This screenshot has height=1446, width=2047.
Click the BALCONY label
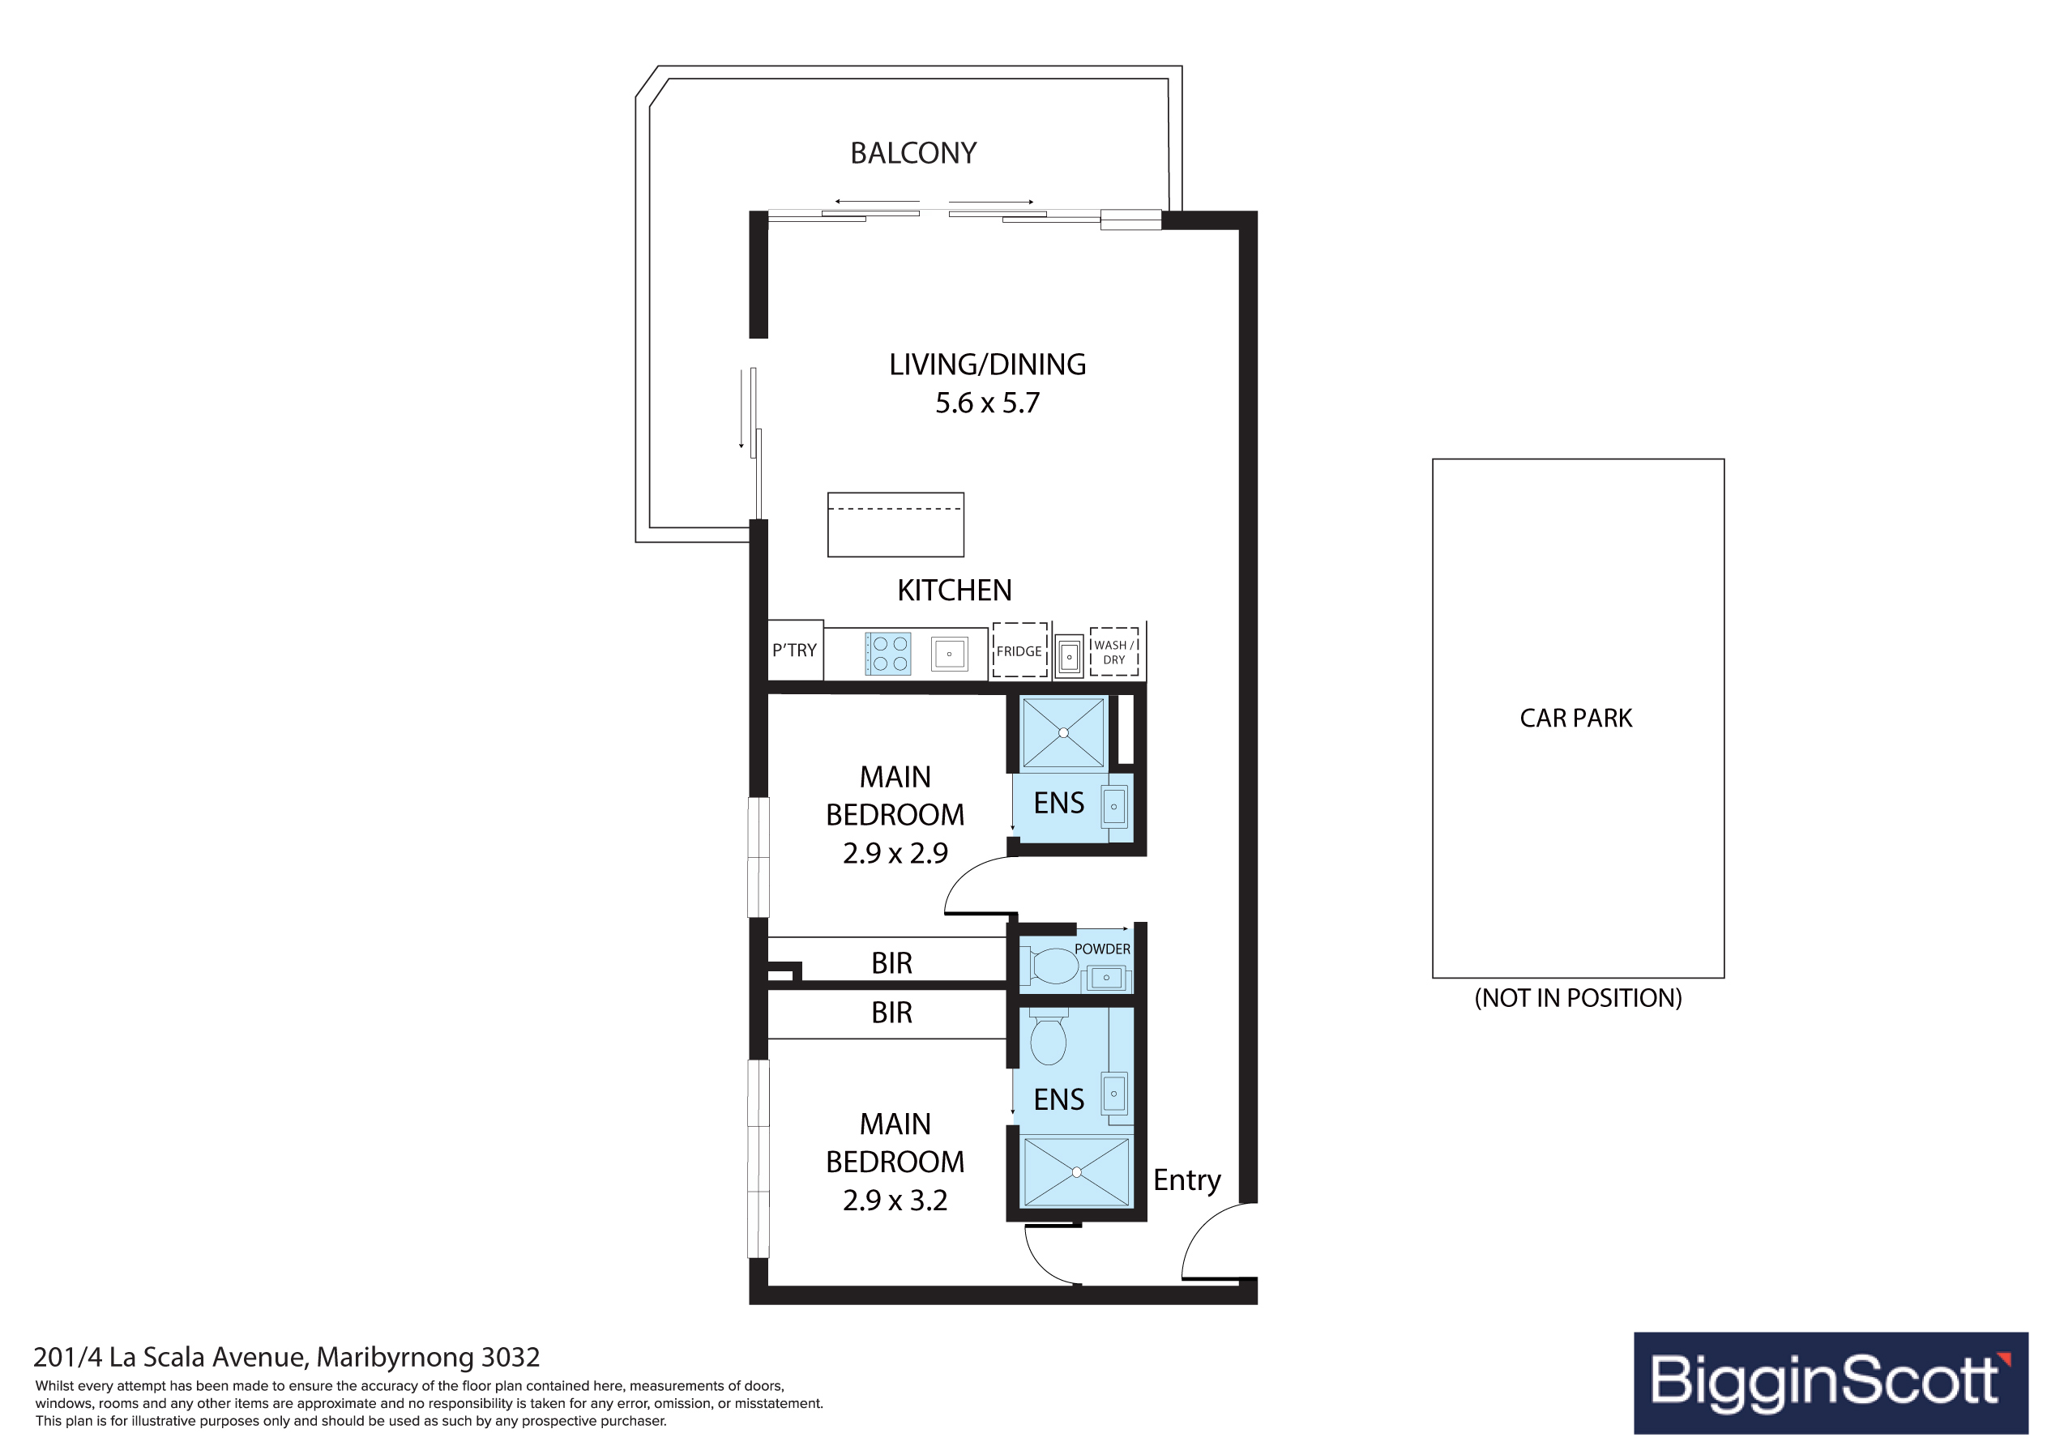913,153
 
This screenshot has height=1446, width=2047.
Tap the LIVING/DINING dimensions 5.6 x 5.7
987,403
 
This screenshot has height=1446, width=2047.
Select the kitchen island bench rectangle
895,525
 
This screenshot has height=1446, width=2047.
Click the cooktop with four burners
888,654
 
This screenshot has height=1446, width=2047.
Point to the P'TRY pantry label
793,650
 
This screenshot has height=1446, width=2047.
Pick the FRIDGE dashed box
1019,650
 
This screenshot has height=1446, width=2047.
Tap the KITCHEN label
954,591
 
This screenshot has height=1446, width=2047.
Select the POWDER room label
1102,949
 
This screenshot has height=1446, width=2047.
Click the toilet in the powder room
1053,966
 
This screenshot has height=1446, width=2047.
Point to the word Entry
1186,1180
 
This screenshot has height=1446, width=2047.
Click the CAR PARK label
1575,719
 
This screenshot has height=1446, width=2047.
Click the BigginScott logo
1831,1384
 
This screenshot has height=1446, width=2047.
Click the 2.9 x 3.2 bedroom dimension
895,1201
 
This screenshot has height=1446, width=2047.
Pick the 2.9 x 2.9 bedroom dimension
895,853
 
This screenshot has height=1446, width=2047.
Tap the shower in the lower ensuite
1076,1172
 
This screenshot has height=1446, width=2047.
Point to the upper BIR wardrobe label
891,964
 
